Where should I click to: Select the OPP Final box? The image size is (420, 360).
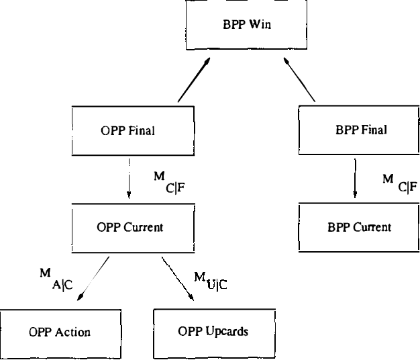[x=127, y=130]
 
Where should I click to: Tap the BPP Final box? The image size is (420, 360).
[x=360, y=130]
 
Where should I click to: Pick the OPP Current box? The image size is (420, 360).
[x=129, y=228]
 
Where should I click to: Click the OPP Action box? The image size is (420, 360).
[x=59, y=332]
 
